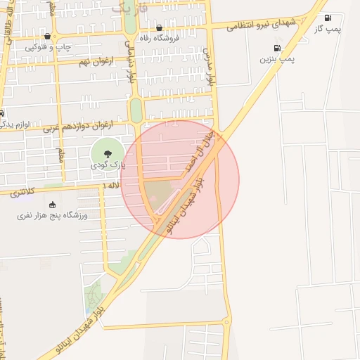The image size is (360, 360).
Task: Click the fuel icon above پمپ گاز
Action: click(328, 18)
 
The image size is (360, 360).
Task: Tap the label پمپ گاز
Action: click(328, 28)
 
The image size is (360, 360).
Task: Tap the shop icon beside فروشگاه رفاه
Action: click(160, 28)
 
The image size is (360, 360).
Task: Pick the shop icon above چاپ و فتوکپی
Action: click(47, 37)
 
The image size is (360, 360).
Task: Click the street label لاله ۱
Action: click(110, 185)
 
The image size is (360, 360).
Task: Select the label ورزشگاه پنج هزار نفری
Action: click(52, 215)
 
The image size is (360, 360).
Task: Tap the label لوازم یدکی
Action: click(14, 124)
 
